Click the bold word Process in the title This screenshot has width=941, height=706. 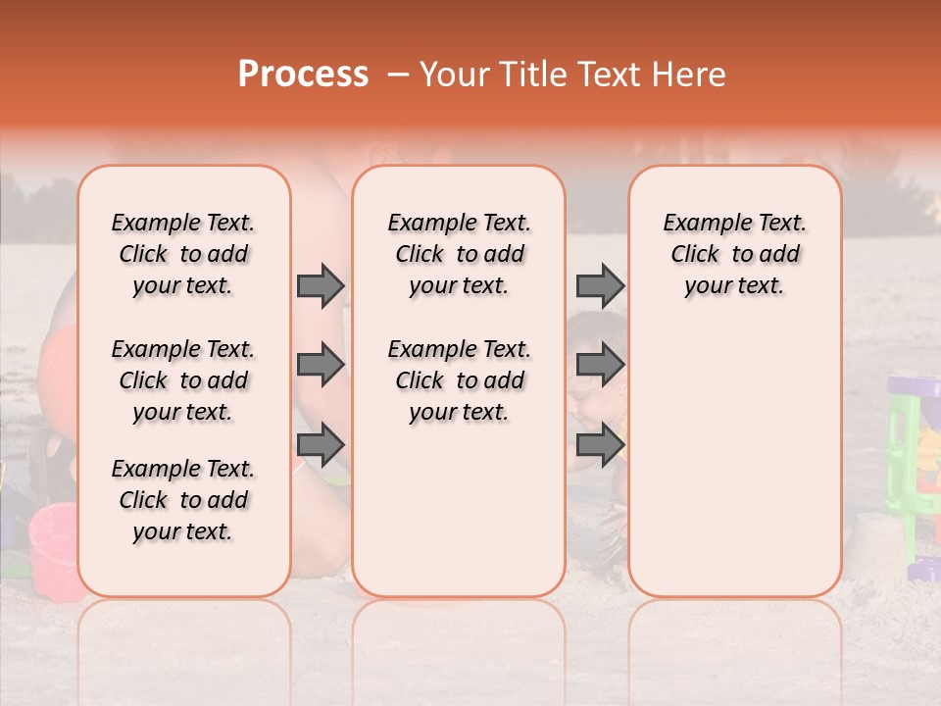click(x=303, y=75)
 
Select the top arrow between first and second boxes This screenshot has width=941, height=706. click(x=321, y=285)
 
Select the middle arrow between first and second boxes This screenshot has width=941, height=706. click(x=321, y=365)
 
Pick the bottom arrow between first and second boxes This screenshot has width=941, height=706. click(x=321, y=445)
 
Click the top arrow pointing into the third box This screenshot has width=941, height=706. click(x=600, y=285)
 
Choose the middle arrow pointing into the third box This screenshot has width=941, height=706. click(x=600, y=365)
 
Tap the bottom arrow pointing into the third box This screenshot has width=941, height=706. click(x=600, y=445)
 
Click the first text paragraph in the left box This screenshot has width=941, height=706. click(x=183, y=254)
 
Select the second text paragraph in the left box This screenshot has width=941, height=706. click(x=183, y=380)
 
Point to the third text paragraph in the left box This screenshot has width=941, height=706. click(x=183, y=500)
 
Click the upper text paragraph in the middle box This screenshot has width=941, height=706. click(x=459, y=254)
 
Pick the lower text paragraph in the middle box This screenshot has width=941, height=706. click(x=459, y=380)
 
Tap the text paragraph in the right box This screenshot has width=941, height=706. click(x=734, y=254)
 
